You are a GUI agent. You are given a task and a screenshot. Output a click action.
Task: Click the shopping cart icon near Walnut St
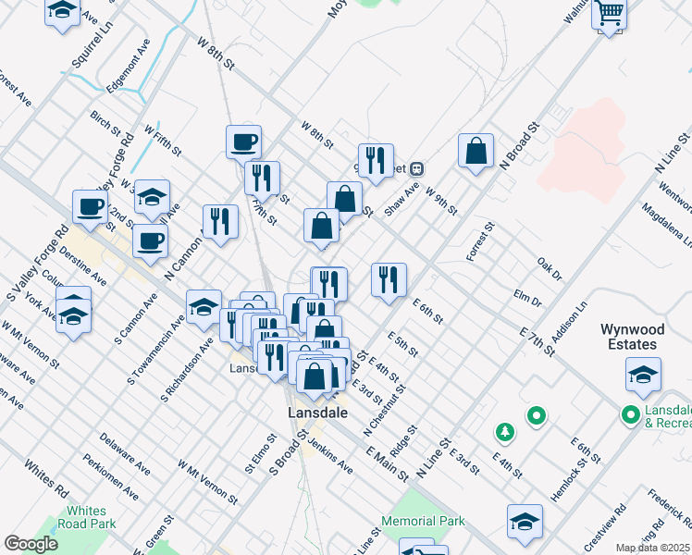click(611, 14)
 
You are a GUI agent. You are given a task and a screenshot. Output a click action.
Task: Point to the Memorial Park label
click(423, 522)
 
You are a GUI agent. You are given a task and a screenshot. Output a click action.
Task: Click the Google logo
click(31, 544)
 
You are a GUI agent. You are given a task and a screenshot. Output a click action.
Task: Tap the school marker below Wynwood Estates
click(643, 375)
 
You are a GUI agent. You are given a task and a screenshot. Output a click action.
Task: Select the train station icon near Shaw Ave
click(417, 168)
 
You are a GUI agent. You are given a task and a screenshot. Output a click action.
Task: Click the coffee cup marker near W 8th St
click(243, 142)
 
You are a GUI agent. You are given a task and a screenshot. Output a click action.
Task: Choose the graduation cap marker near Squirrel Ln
click(62, 13)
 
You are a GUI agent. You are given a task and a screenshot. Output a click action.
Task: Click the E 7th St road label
click(537, 340)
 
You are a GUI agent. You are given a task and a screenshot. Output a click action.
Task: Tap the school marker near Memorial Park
click(525, 521)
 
